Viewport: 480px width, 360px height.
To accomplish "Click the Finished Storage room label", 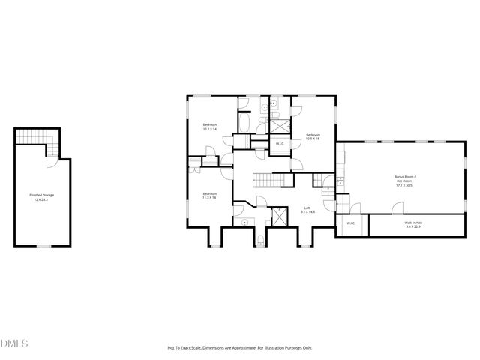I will pos(42,195).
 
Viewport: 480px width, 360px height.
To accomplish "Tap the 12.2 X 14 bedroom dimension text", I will pos(210,129).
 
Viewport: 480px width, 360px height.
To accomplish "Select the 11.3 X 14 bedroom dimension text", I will pos(209,198).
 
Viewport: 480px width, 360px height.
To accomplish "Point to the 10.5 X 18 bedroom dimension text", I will pos(312,139).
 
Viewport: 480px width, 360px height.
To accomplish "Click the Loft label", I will pos(307,208).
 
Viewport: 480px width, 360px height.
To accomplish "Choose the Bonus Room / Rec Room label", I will pos(404,177).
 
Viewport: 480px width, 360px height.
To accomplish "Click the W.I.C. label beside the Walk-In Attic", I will pos(350,223).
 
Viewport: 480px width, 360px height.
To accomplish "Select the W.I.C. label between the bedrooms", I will pos(279,143).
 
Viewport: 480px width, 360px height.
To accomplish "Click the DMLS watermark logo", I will pos(14,343).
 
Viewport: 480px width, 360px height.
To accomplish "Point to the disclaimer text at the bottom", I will pos(239,347).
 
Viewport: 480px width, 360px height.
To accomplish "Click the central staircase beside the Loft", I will pos(268,180).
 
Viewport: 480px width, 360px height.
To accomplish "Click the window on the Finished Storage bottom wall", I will pos(43,245).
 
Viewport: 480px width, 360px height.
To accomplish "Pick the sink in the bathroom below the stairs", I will pos(245,223).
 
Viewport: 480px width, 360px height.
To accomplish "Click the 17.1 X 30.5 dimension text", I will pos(404,185).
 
